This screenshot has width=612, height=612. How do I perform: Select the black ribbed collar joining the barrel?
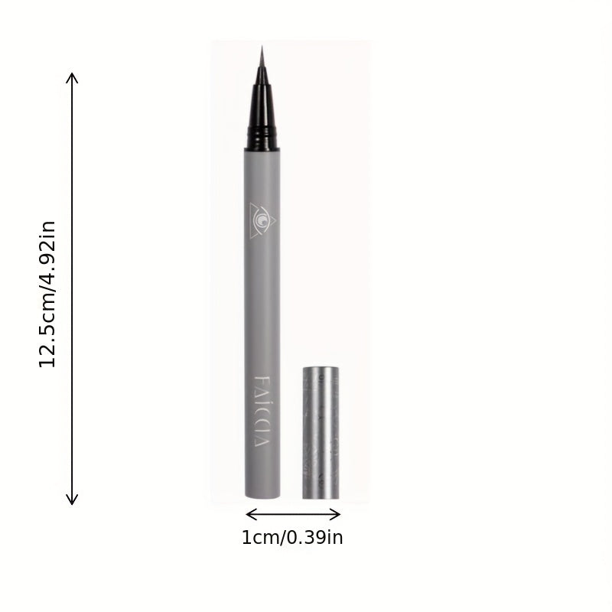coord(262,140)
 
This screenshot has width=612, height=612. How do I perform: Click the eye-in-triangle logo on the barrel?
coord(263,219)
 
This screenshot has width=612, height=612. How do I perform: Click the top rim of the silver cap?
coord(320,369)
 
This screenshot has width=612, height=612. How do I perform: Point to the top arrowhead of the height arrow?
coord(72,76)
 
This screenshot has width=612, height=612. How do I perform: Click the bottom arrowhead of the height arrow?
coord(72,501)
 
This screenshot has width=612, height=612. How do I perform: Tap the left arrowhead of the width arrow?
coord(249,514)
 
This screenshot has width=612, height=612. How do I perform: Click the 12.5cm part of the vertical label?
coord(48,330)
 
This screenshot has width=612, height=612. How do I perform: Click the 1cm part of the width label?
coord(261,538)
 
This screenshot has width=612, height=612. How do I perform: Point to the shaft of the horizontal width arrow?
coord(293,514)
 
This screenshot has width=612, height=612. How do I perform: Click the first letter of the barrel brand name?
coord(262,381)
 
